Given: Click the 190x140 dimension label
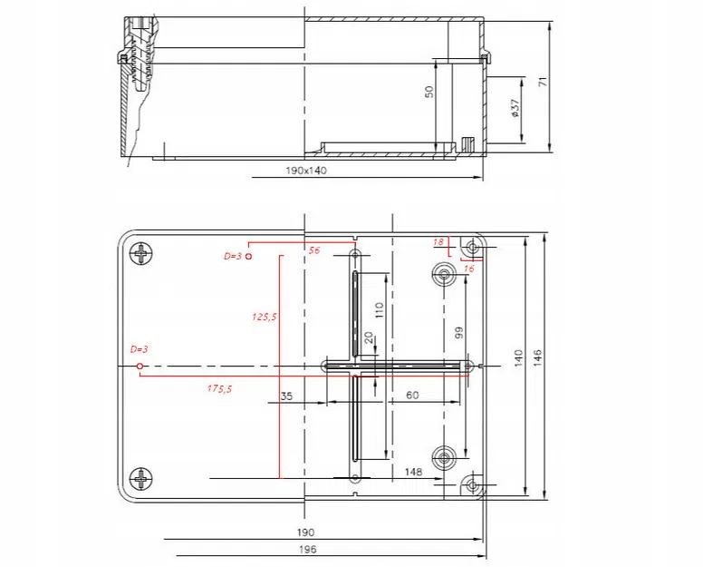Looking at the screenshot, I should tap(305, 171).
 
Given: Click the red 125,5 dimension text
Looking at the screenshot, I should tap(265, 317).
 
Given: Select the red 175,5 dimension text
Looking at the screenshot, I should tap(219, 388).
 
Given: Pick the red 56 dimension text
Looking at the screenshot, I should tap(314, 250).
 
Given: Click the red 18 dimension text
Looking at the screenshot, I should tap(438, 242).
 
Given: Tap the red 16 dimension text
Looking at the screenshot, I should tap(469, 269).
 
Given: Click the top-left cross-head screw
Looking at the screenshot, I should tap(142, 255).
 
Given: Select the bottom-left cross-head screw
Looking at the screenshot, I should tap(142, 478).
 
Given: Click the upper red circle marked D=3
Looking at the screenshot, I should tap(249, 257).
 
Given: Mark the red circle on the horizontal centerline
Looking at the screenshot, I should tap(140, 366).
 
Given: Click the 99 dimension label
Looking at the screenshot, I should tap(458, 333).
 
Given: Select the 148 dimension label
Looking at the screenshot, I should tap(413, 472).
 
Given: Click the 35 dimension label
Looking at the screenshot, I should tap(286, 396).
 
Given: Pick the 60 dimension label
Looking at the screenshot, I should tap(411, 396).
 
